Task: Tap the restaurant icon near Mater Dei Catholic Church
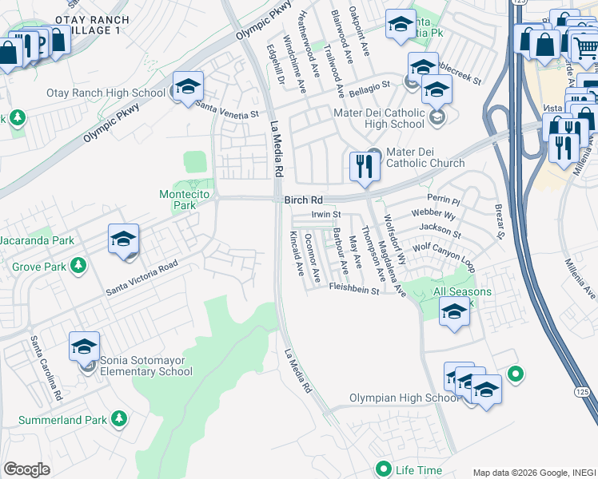(364, 167)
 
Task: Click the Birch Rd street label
(302, 201)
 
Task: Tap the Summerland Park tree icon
(119, 418)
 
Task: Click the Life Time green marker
(384, 469)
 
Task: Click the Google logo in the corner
(26, 469)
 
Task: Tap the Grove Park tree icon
(78, 264)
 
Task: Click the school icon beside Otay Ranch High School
(188, 87)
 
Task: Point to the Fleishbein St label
(353, 292)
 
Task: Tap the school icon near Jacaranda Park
(124, 239)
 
